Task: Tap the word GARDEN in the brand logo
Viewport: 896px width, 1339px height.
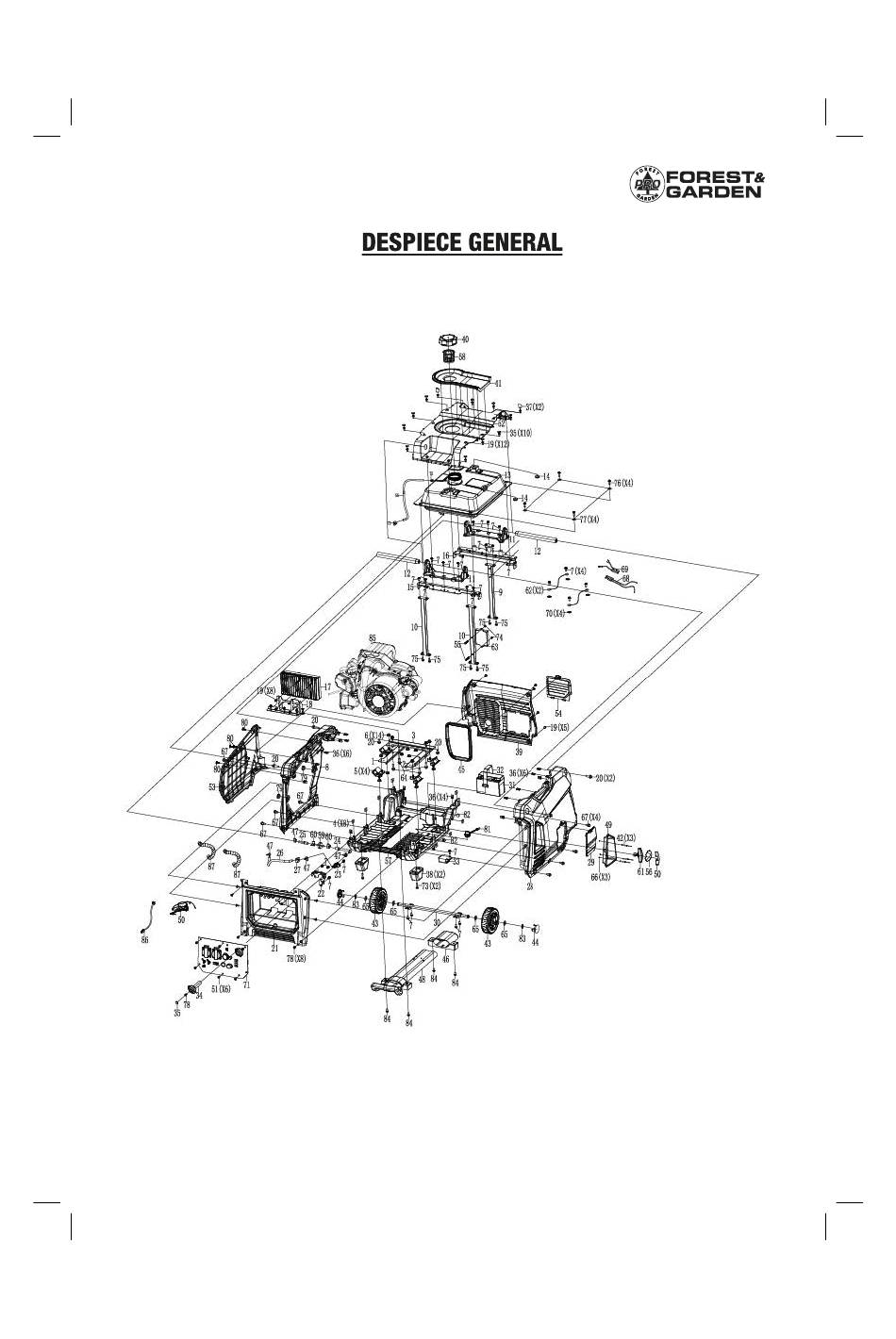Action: pyautogui.click(x=713, y=192)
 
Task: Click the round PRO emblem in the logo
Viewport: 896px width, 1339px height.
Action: pyautogui.click(x=646, y=184)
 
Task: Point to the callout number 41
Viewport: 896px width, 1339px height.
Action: pyautogui.click(x=498, y=384)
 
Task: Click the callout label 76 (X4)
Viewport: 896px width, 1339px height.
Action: pyautogui.click(x=623, y=483)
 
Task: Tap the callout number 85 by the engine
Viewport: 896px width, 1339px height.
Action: pyautogui.click(x=373, y=638)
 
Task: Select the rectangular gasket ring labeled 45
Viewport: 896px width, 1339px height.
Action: pyautogui.click(x=459, y=742)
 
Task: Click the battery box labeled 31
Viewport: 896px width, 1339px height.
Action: pyautogui.click(x=490, y=783)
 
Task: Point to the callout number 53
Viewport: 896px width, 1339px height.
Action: pyautogui.click(x=212, y=785)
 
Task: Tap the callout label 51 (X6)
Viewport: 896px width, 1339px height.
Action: pyautogui.click(x=220, y=989)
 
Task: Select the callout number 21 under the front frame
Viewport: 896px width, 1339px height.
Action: pyautogui.click(x=274, y=949)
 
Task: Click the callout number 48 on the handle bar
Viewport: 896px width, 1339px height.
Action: pyautogui.click(x=422, y=980)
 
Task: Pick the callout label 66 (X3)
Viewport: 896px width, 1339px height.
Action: pyautogui.click(x=601, y=876)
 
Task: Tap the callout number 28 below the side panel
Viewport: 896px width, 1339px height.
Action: pyautogui.click(x=530, y=885)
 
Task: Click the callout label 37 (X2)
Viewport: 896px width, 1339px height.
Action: pyautogui.click(x=534, y=407)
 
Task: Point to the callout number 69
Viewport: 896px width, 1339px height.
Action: pyautogui.click(x=623, y=569)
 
